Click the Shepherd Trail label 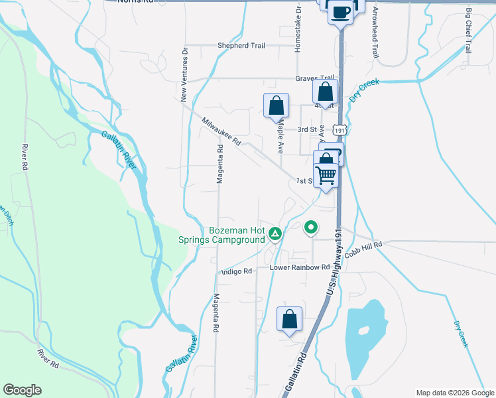(x=241, y=46)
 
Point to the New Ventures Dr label (x=185, y=74)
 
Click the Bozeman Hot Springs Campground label (x=237, y=235)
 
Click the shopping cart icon (x=326, y=175)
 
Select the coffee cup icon (x=341, y=11)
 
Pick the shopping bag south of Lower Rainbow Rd (x=290, y=319)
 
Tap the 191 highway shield (x=340, y=132)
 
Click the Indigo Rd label (x=237, y=271)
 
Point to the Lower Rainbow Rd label (x=300, y=267)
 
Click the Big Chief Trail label (x=468, y=31)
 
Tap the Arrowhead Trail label (x=375, y=33)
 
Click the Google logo (x=22, y=390)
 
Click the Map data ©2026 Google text (x=454, y=392)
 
